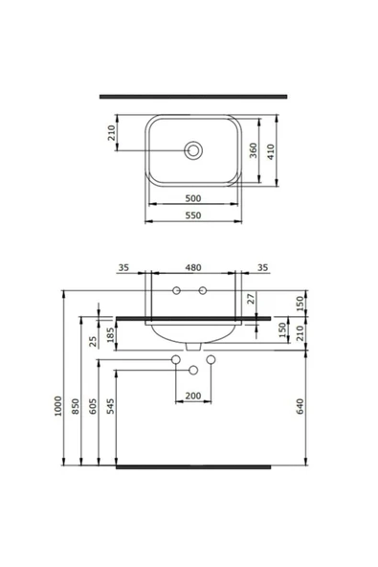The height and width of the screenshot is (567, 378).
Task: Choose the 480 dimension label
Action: coord(191,267)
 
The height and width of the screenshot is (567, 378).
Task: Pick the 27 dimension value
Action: coord(251,299)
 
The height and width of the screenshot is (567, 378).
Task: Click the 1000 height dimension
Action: coord(58,407)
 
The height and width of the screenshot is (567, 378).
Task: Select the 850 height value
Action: coord(78,407)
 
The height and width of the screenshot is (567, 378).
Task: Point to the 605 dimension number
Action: coord(93,407)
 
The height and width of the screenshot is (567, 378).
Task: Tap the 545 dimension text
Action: coord(111,407)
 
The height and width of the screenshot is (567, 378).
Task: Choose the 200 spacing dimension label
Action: coord(193,395)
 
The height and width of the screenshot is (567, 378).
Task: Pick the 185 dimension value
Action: coord(111,336)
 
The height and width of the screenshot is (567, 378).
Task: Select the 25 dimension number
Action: coord(93,340)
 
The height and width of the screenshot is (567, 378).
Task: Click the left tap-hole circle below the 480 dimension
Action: coord(177,290)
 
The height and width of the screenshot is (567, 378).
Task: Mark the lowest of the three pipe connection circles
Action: coord(193,370)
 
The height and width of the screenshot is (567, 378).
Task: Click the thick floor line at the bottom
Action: coord(193,467)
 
